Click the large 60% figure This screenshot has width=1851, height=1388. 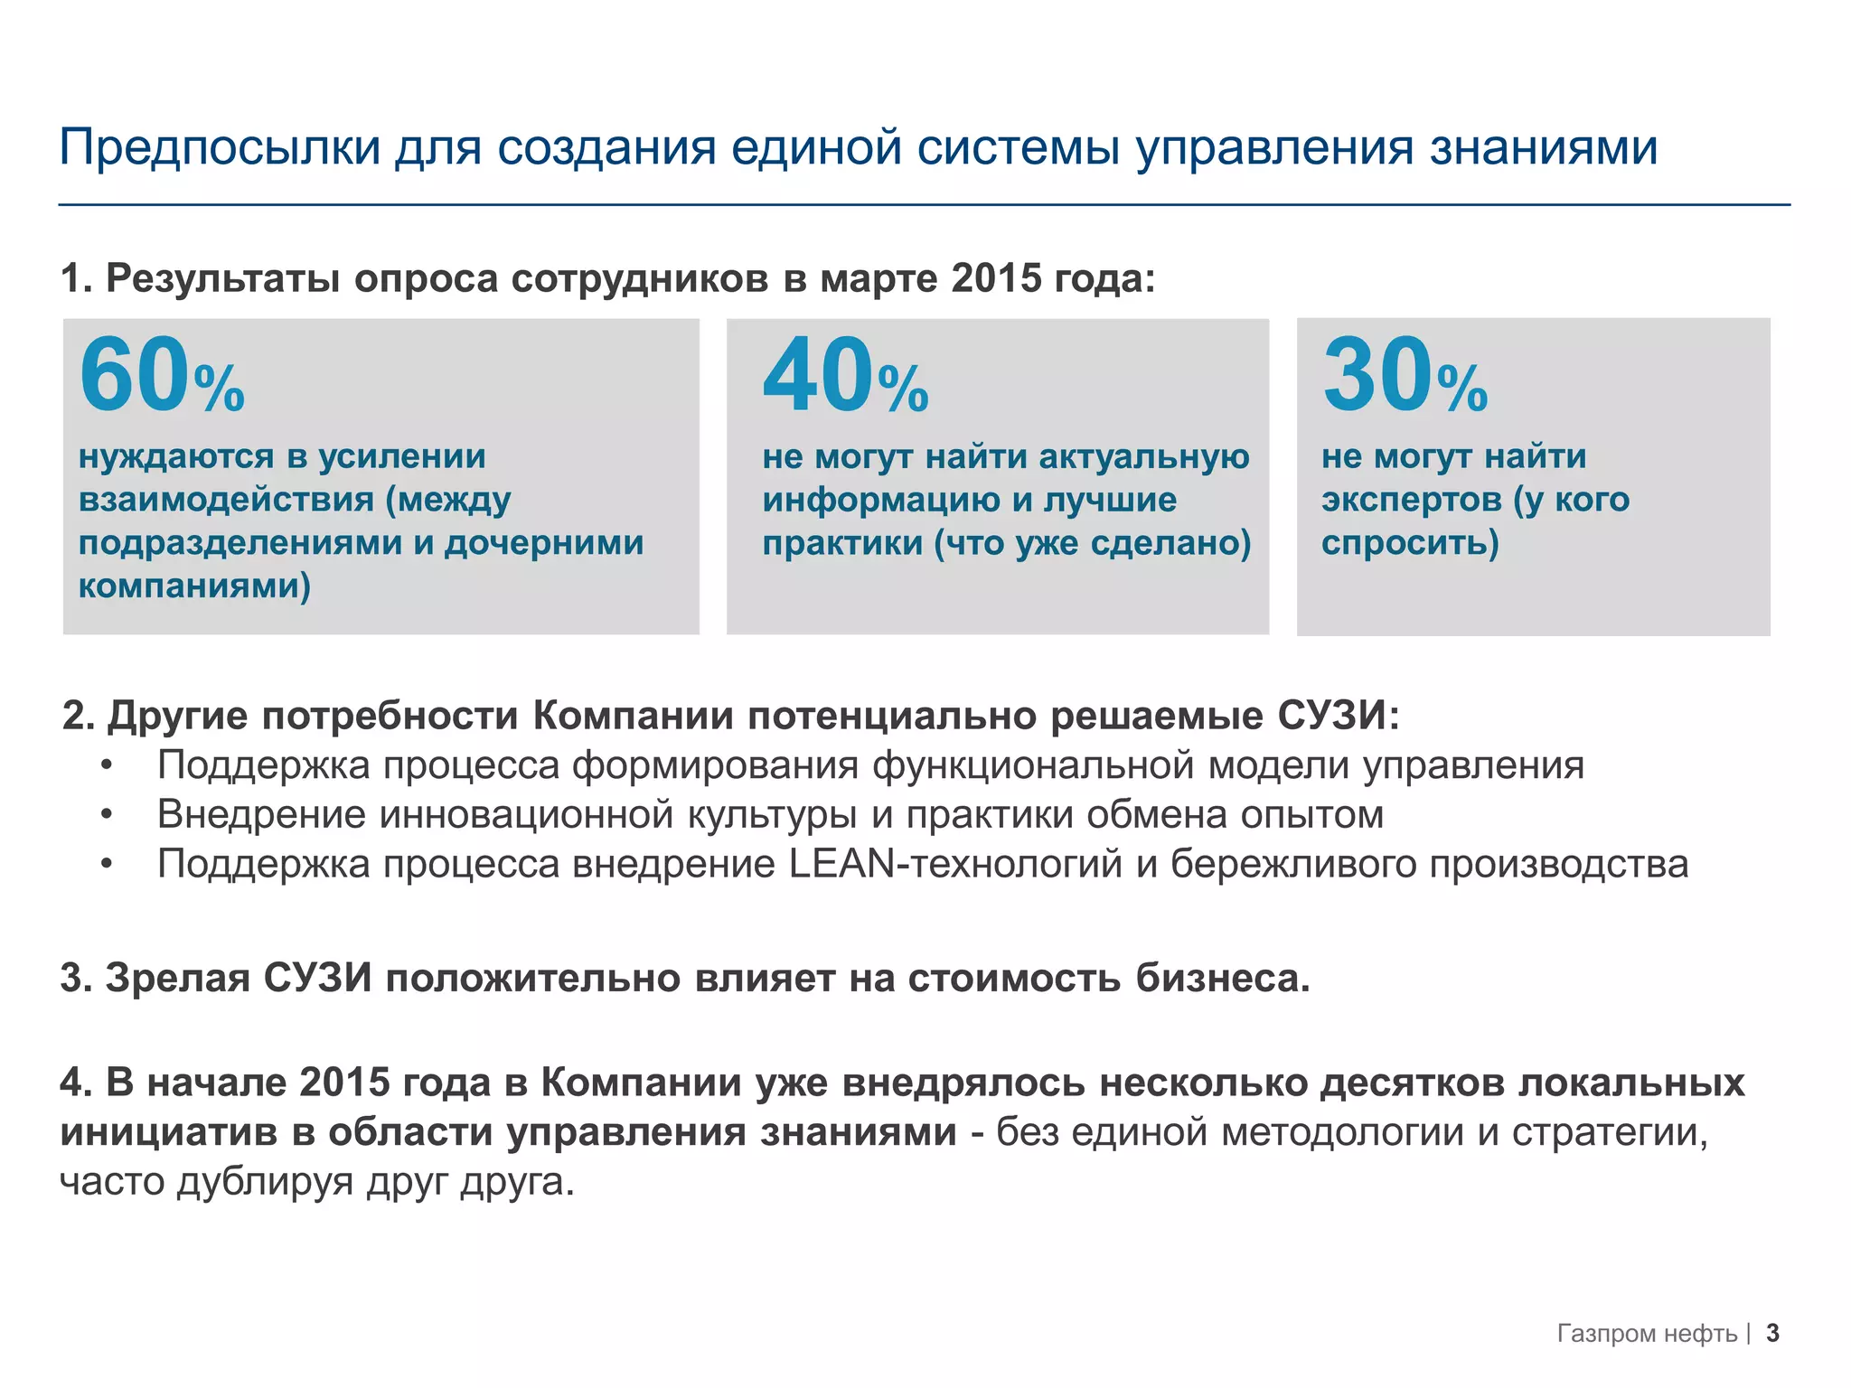coord(161,376)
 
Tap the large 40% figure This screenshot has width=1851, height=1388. coord(844,376)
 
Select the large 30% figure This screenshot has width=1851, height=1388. coord(1404,376)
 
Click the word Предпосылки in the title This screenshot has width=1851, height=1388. coord(220,147)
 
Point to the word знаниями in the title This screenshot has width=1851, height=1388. coord(1543,147)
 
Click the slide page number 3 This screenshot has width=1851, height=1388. coord(1772,1333)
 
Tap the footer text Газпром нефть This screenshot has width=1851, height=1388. coord(1647,1334)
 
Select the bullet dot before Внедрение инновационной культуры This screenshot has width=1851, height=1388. coord(108,815)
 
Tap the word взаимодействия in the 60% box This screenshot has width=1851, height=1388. coord(226,499)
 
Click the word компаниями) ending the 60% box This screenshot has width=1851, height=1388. coord(194,586)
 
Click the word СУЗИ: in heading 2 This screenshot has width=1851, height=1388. coord(1339,716)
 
